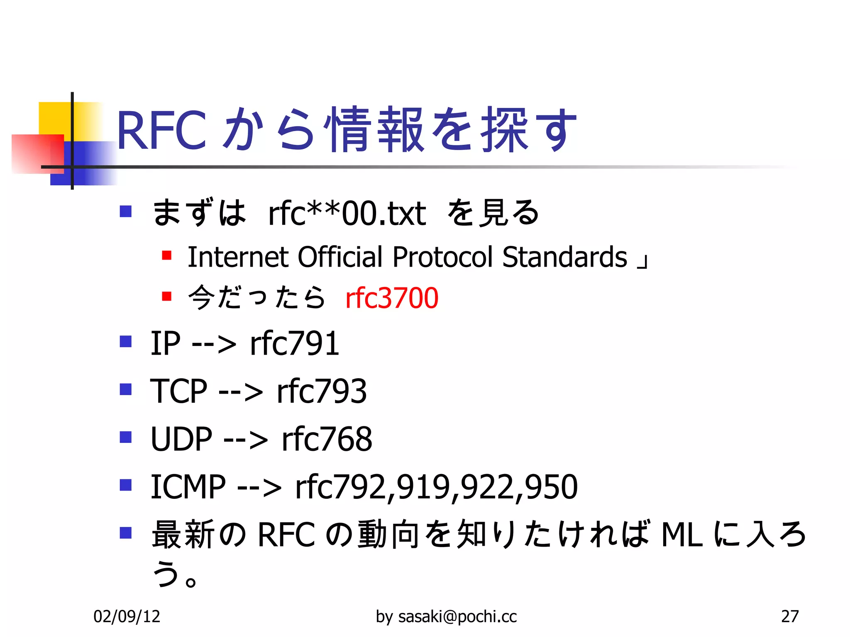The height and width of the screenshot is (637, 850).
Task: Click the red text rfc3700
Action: coord(391,298)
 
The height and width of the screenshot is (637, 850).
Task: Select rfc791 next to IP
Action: coord(295,343)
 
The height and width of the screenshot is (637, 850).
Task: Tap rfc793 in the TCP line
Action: coord(322,391)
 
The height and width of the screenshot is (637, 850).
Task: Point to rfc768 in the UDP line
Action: coord(327,439)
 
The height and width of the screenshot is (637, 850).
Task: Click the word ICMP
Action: coord(188,486)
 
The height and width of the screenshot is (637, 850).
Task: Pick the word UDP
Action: coord(181,439)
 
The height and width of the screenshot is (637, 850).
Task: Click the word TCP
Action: coord(178,391)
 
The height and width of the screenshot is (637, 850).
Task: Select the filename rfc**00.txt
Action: coord(347,214)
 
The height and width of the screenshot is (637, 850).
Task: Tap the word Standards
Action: coord(564,257)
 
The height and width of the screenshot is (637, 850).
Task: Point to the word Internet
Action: coord(238,257)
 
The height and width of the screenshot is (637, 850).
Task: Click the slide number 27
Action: coord(789,617)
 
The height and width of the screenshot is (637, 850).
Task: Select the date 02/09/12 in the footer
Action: coord(127,617)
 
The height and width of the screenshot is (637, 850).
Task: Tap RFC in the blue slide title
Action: coord(161,130)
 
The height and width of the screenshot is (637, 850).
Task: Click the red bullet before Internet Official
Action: coord(167,255)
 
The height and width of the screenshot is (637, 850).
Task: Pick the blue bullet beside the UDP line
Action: coord(125,437)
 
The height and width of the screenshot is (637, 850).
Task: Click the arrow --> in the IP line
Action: coord(214,344)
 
